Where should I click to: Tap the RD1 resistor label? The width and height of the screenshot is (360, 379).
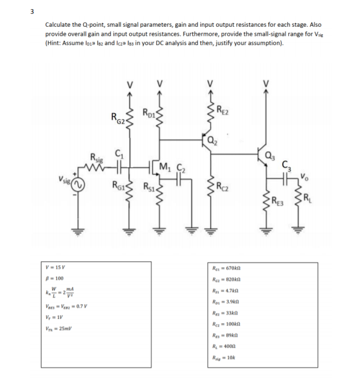[148, 112]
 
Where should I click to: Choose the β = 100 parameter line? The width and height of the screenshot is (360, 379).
[53, 278]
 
